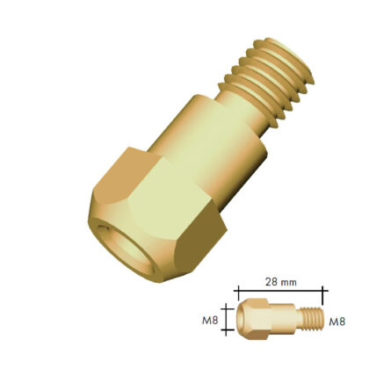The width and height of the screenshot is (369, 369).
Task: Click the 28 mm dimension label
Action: click(x=281, y=282)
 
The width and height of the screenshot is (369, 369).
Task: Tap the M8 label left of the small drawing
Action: click(x=210, y=321)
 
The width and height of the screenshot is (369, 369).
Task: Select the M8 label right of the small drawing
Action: click(x=337, y=322)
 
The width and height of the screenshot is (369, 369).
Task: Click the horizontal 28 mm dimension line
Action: click(x=280, y=291)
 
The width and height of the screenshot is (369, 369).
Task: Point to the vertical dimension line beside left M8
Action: click(x=226, y=319)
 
